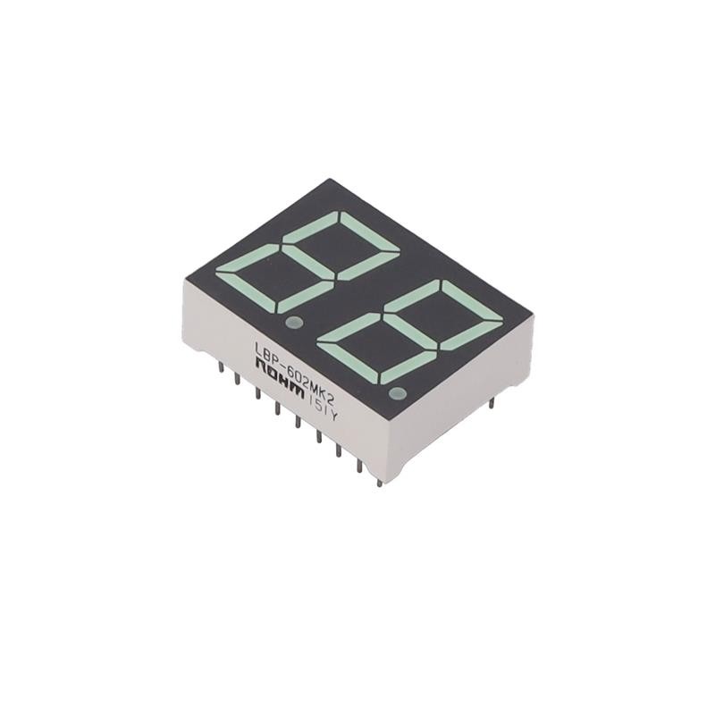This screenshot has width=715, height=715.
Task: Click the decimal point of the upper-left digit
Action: click(291, 321)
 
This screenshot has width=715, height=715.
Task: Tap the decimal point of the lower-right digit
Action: click(398, 393)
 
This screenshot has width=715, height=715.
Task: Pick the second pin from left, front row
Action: click(237, 380)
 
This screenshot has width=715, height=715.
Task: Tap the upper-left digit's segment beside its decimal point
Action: click(307, 297)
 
